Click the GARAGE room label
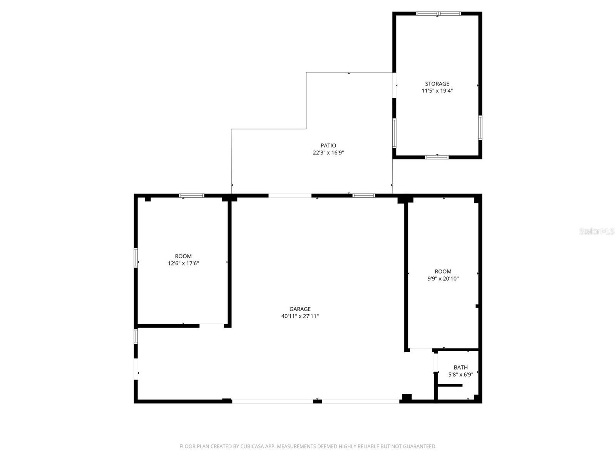tap(300, 309)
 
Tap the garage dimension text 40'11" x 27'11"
tap(300, 316)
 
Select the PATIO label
tap(328, 146)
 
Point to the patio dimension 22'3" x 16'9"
tap(328, 153)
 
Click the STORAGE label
tap(437, 84)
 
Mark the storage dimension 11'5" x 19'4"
tap(437, 91)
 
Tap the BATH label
tap(460, 367)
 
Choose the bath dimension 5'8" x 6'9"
tap(460, 375)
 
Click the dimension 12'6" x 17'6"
tap(183, 263)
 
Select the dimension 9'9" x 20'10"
tap(443, 279)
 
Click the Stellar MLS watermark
tap(597, 231)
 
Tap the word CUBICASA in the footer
tap(253, 446)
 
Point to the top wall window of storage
tap(438, 14)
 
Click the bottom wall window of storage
tap(437, 157)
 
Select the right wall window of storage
tap(480, 127)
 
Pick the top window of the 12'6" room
tap(192, 196)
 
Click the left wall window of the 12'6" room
tap(136, 258)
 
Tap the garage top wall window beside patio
tap(364, 196)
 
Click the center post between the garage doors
tap(317, 402)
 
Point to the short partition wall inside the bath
tap(450, 385)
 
